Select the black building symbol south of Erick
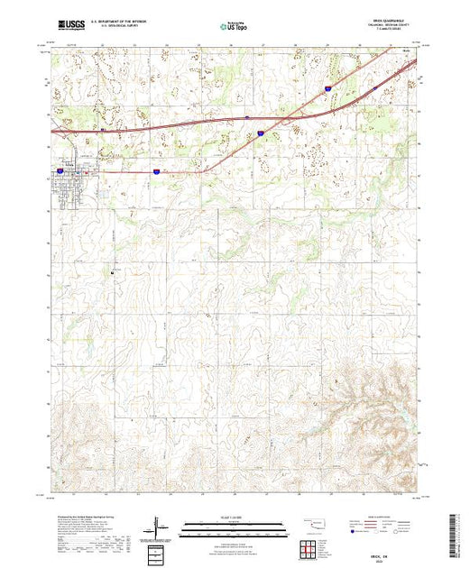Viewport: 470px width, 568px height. [x=112, y=272]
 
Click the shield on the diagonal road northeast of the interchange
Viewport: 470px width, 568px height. [x=327, y=88]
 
